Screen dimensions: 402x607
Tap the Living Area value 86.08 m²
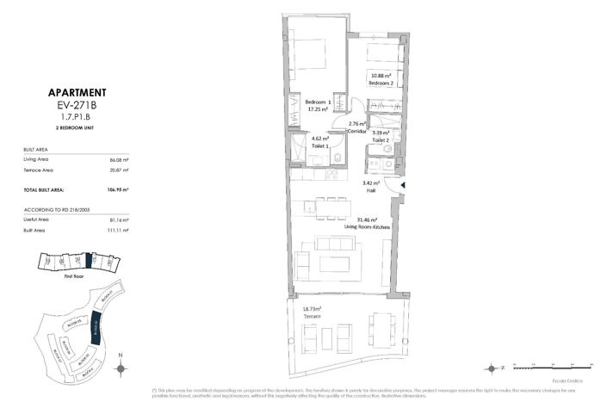[118, 160]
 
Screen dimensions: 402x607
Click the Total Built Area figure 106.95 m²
[117, 189]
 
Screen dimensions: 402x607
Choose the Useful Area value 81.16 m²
[118, 220]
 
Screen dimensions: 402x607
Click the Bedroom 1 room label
[319, 103]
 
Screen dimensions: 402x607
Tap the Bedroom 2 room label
[381, 83]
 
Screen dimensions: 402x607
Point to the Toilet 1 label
[309, 145]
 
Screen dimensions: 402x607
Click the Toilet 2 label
[381, 139]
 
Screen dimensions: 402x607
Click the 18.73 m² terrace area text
[312, 309]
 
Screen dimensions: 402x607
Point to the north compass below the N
[121, 368]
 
